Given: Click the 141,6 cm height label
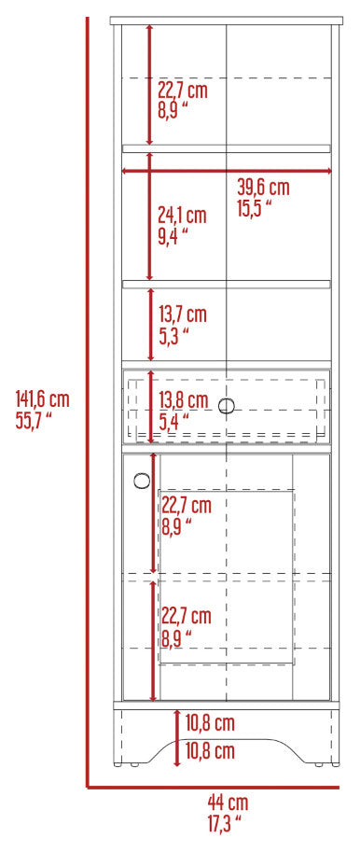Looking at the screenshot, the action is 42,400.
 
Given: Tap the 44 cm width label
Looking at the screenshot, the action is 228,802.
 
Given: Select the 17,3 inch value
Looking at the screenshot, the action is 224,824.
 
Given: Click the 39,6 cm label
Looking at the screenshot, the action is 263,188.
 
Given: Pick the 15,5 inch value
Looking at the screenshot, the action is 254,207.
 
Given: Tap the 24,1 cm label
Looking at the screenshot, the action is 182,216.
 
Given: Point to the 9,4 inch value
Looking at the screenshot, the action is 173,236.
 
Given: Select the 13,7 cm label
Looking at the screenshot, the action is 183,314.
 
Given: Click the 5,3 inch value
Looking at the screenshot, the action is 173,335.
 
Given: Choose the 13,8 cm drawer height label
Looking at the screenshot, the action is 184,400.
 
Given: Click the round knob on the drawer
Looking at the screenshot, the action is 227,406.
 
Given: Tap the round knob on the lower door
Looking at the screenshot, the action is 142,481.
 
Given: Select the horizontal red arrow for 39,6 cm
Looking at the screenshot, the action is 227,171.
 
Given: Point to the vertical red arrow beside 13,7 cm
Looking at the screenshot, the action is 150,324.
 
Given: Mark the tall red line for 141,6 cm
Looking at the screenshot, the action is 87,402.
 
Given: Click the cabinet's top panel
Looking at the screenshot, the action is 227,21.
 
